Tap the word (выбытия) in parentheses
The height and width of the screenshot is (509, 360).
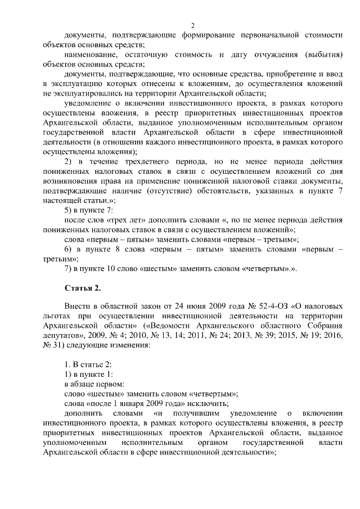(322, 54)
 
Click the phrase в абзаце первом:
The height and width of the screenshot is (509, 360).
(90, 384)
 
